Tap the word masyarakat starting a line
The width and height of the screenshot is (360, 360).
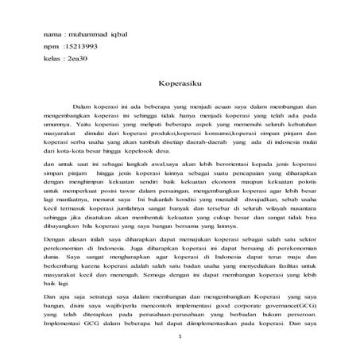pyautogui.click(x=61, y=134)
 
